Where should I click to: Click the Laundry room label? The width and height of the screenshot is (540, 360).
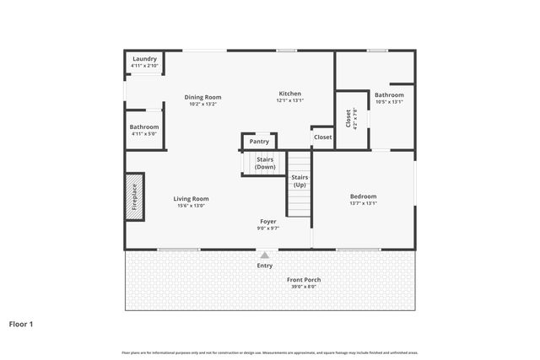144,59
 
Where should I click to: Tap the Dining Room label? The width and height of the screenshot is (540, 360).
202,97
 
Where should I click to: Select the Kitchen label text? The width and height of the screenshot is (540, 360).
289,94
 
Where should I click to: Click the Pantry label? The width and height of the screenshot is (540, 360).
259,142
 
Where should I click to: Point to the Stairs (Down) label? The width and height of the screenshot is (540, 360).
265,164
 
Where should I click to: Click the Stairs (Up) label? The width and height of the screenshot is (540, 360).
300,181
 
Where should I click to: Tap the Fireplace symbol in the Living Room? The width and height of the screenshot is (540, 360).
134,197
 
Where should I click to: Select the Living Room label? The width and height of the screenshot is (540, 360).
192,199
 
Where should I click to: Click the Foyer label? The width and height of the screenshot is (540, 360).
267,222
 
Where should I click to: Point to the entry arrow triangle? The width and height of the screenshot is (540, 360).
265,254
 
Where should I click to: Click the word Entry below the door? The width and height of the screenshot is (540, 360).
265,266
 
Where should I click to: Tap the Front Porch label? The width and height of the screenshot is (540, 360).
304,280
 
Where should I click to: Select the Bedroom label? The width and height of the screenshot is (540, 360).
363,196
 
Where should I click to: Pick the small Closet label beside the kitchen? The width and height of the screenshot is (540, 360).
322,137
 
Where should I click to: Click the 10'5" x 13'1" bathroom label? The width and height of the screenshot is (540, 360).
389,101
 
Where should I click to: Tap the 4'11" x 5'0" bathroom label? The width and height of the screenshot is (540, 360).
144,132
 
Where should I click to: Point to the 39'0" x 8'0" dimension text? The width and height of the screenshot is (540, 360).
304,287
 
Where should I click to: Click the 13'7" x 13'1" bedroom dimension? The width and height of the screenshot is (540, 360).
363,203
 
